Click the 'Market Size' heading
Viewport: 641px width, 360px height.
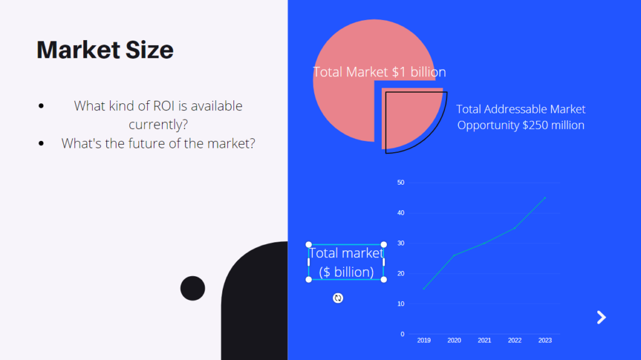point(105,50)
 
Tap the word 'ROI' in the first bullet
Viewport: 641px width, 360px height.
point(165,106)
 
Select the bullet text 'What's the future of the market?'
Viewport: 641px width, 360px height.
point(158,143)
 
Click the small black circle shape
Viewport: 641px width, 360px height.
point(193,289)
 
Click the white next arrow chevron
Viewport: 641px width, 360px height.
point(602,317)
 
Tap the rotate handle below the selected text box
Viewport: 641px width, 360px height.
point(337,298)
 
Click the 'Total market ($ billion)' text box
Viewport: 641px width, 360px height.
point(346,262)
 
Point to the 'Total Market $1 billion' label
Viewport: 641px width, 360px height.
point(379,72)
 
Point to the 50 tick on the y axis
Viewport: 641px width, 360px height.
point(401,182)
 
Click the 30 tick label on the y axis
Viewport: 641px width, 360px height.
point(401,243)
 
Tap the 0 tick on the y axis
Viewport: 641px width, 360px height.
point(403,334)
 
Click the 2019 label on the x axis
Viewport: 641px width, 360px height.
point(424,341)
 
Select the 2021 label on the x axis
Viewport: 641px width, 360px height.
point(485,341)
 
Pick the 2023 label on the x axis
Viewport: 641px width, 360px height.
point(545,341)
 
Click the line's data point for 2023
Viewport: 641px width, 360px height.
point(545,198)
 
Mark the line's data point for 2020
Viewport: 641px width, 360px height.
point(454,255)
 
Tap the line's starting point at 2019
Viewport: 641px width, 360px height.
point(424,289)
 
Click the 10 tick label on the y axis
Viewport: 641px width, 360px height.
point(401,304)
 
